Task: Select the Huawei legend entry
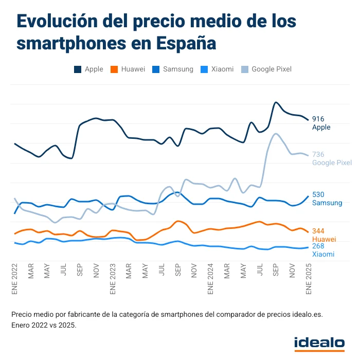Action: coord(129,69)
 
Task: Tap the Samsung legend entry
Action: coord(173,69)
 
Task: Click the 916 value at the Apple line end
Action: coord(318,119)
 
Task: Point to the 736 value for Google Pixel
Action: coord(318,154)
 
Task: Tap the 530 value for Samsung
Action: coord(318,194)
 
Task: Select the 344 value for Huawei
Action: coord(318,231)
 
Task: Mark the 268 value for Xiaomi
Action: coord(318,246)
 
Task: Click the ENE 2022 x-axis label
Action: coord(14,278)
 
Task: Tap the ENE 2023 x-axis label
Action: coord(113,278)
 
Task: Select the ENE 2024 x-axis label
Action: coord(210,278)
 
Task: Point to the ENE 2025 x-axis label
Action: coord(309,278)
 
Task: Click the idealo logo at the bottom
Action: coord(319,343)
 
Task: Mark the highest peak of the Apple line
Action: coord(276,102)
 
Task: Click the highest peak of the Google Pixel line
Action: coord(277,134)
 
